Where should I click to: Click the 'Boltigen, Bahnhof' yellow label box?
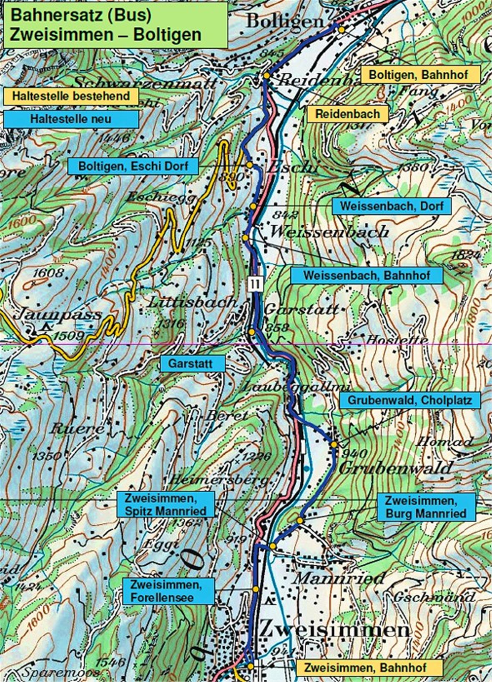click(419, 75)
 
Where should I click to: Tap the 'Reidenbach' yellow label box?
click(347, 114)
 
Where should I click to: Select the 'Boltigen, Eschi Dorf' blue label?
click(133, 166)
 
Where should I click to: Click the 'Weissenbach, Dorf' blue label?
click(392, 206)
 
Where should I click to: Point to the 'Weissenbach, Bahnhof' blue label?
click(366, 275)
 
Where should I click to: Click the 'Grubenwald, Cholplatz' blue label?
click(409, 400)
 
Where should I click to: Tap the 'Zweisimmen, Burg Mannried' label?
click(426, 507)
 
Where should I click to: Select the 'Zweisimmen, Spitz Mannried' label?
click(166, 504)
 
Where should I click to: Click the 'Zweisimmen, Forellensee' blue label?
click(166, 591)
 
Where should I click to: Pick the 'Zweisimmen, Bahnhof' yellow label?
click(365, 667)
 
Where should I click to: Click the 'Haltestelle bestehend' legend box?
click(71, 96)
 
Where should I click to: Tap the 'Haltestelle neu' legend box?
click(71, 119)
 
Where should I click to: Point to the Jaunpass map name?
click(58, 315)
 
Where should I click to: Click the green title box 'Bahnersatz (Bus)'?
click(115, 25)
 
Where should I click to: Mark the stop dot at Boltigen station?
click(341, 30)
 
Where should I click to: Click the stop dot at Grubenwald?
click(334, 444)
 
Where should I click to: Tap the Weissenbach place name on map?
click(329, 231)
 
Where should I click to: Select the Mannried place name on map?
click(339, 578)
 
